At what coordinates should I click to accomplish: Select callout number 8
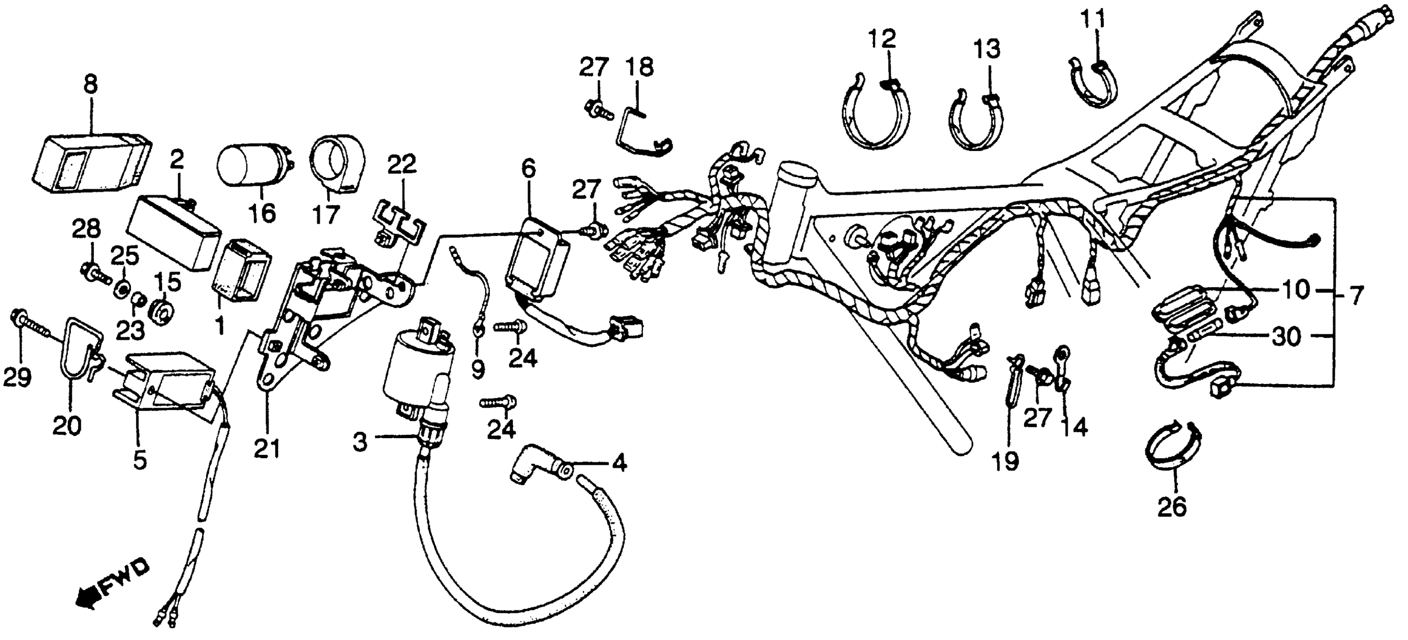click(x=91, y=85)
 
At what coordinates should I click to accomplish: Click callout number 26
click(x=1172, y=508)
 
